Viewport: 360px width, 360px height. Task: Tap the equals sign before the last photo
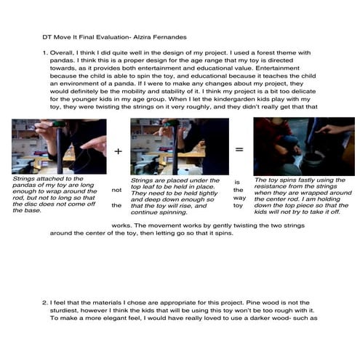[238, 148]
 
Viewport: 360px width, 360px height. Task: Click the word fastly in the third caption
[298, 180]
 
